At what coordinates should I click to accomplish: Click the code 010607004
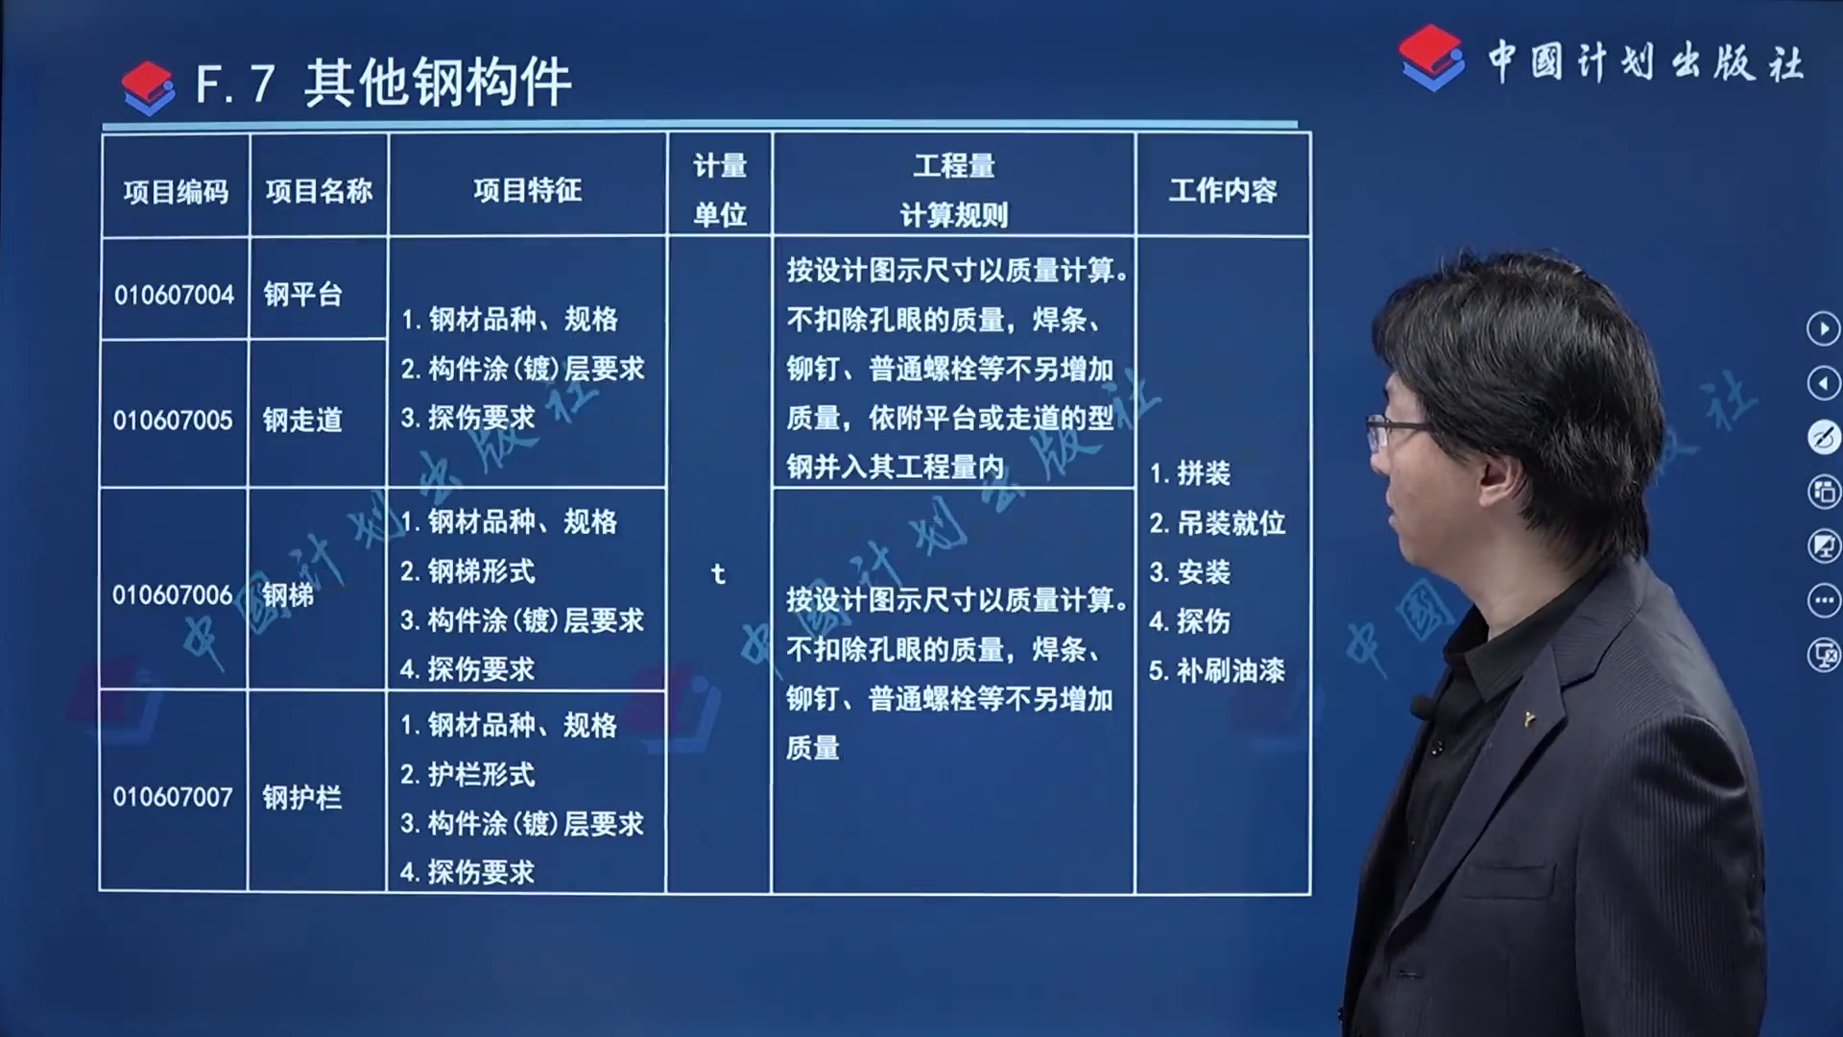[174, 295]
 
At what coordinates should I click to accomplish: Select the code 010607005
[173, 421]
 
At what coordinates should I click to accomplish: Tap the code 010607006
[173, 595]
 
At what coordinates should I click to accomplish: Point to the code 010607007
[173, 797]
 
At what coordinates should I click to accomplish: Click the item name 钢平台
[303, 295]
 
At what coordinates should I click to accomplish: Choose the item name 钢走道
[302, 421]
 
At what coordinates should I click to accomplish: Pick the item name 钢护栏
[301, 797]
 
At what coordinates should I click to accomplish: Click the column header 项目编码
[176, 192]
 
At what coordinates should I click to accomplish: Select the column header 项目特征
[527, 190]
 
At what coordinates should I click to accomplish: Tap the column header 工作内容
[1223, 190]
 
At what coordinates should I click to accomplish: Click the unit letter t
[718, 574]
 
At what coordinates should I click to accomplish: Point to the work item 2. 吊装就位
[1217, 523]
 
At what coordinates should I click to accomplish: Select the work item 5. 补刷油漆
[1217, 670]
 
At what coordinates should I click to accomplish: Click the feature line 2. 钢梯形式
[467, 571]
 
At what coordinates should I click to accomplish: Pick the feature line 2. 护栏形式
[467, 774]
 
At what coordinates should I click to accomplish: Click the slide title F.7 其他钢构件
[383, 83]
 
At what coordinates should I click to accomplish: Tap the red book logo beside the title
[148, 87]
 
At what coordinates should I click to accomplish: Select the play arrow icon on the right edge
[1824, 329]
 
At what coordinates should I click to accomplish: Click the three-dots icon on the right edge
[1824, 601]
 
